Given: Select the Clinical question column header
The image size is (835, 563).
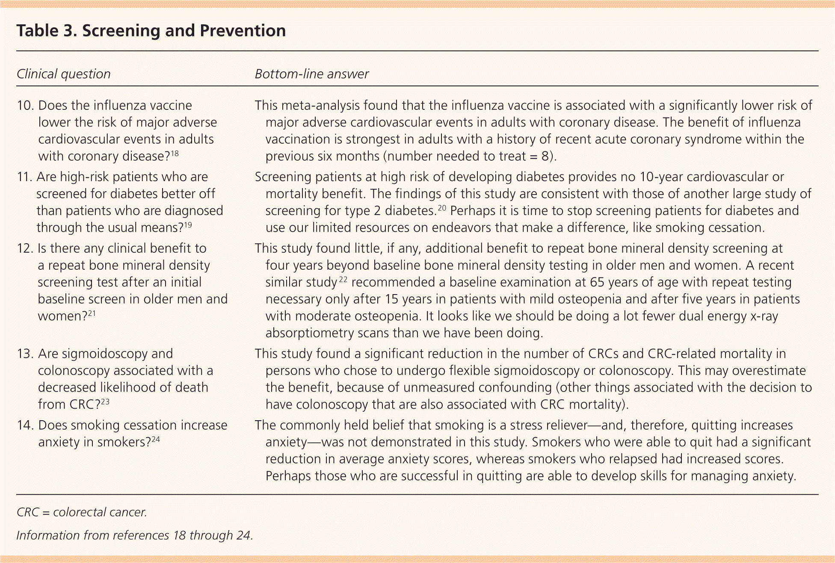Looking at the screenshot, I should [63, 74].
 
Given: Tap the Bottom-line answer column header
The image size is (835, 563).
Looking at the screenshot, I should [311, 74].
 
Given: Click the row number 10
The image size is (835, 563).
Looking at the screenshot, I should [25, 106].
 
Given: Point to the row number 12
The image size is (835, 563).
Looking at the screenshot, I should [25, 248].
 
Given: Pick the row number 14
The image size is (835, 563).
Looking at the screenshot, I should [25, 425].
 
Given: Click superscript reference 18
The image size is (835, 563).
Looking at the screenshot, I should [175, 153].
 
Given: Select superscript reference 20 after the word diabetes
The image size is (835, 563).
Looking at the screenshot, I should [441, 207].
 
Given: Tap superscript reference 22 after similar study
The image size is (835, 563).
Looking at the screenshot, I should [343, 279].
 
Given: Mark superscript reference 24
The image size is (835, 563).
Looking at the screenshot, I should [155, 439].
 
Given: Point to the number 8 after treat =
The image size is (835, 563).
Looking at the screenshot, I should [545, 156].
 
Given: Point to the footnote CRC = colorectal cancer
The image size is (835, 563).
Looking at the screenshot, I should [82, 512].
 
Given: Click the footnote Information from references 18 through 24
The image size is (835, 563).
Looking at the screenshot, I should [135, 535].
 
